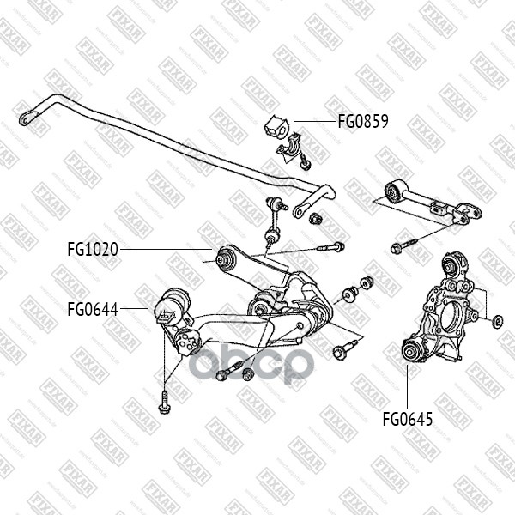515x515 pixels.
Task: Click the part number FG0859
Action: pos(362,122)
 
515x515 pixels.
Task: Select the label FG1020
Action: pos(93,250)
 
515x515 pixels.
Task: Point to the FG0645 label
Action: pos(408,420)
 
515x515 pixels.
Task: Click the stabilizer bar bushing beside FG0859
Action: pos(277,125)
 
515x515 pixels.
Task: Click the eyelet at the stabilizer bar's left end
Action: pos(31,112)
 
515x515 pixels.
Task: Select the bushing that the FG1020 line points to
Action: pos(227,257)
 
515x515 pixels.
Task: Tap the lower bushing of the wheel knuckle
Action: pos(413,350)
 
